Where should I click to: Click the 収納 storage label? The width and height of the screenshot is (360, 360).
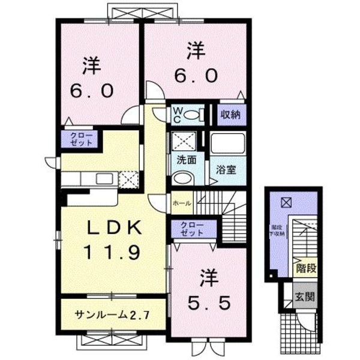[229, 115]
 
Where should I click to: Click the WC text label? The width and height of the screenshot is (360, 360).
[178, 114]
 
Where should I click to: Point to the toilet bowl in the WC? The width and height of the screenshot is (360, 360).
[193, 115]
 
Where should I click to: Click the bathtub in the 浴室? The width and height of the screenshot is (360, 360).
[226, 143]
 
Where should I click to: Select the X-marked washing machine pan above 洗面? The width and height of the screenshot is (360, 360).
[182, 142]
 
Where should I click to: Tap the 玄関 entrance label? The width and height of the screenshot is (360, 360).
[305, 296]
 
